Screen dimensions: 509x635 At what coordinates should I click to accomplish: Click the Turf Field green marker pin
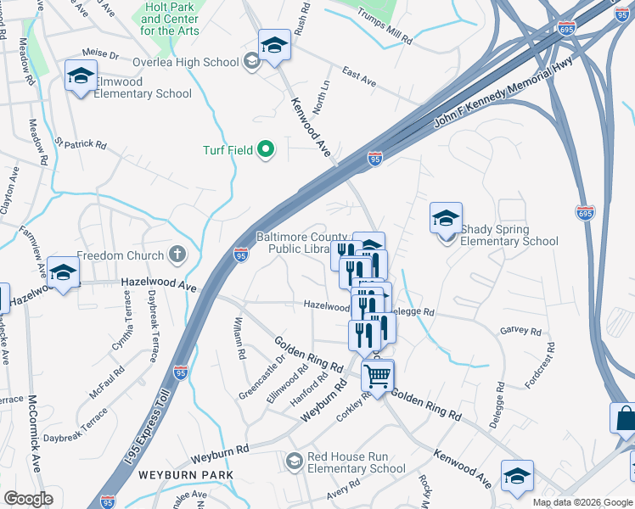pyautogui.click(x=265, y=150)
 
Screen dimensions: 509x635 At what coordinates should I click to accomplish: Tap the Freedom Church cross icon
pyautogui.click(x=177, y=255)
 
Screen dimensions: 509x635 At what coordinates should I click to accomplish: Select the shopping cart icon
pyautogui.click(x=378, y=374)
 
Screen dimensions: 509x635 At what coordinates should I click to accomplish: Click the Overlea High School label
pyautogui.click(x=186, y=62)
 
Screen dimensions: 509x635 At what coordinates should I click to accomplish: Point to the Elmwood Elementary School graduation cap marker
pyautogui.click(x=81, y=76)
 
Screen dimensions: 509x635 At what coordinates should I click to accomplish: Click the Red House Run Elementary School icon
pyautogui.click(x=295, y=461)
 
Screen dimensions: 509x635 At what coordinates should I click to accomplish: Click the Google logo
pyautogui.click(x=28, y=498)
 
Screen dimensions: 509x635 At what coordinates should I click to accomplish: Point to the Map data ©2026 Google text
pyautogui.click(x=582, y=502)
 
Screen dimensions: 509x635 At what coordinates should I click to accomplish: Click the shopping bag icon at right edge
pyautogui.click(x=625, y=419)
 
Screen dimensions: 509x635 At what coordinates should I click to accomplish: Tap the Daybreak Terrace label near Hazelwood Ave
pyautogui.click(x=153, y=326)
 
